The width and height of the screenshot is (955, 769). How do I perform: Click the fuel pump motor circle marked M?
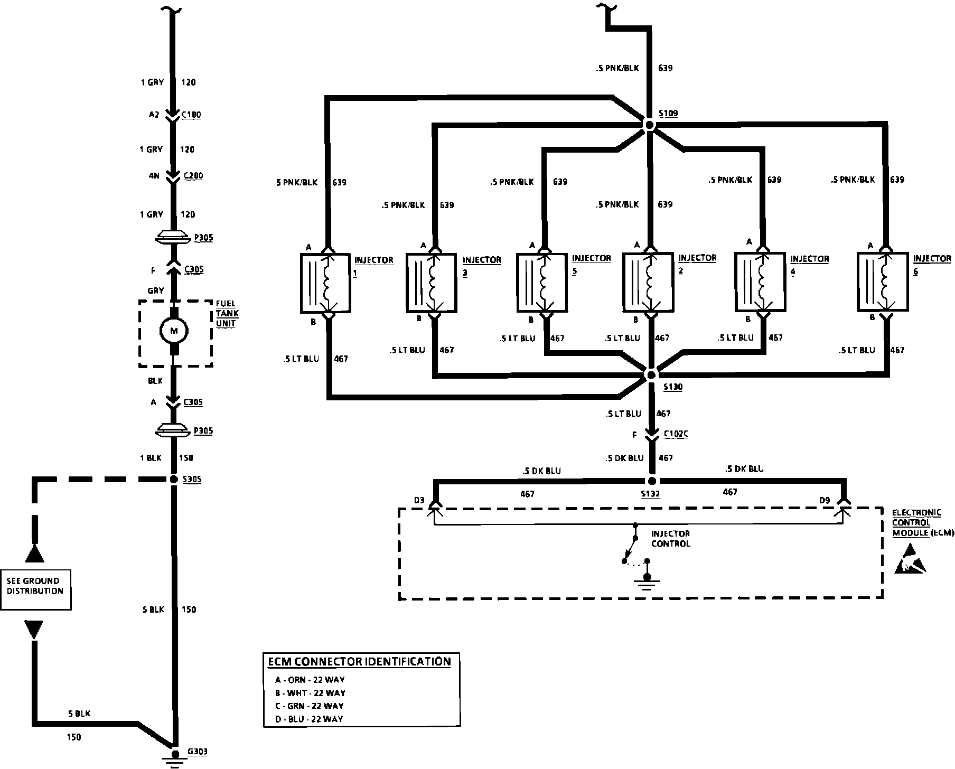(174, 331)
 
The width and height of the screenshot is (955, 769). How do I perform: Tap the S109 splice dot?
(650, 125)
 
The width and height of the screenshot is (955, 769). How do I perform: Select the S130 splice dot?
(651, 374)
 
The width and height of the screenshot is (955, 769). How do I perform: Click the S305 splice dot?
(173, 479)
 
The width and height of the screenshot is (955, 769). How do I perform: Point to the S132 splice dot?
(651, 481)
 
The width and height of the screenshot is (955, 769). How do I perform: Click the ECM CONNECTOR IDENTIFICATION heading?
(359, 661)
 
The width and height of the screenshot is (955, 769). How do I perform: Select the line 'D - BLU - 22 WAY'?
(309, 719)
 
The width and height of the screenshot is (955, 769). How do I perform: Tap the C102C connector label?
(676, 434)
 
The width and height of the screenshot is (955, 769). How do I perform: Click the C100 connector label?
(191, 115)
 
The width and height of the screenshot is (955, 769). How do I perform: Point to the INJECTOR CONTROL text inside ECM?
(670, 539)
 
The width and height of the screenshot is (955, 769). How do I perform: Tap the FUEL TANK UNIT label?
(227, 313)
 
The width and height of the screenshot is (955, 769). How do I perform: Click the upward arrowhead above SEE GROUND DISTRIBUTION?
(35, 554)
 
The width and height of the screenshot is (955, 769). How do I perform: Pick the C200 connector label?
(193, 176)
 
